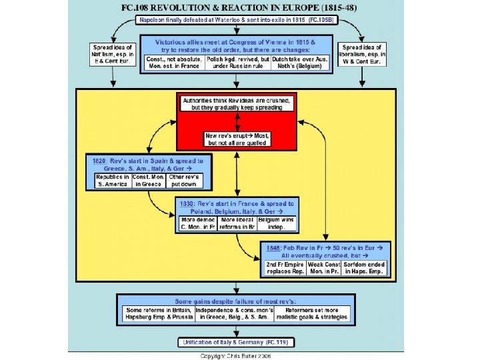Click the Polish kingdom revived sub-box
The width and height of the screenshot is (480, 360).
(x=237, y=63)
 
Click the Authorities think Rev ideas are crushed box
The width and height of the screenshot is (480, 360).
(x=238, y=103)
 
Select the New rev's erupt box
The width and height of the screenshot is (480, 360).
(x=237, y=139)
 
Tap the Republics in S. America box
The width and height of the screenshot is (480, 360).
(x=112, y=181)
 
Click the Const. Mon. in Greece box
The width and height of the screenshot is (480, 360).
(x=149, y=181)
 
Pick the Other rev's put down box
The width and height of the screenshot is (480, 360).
(x=185, y=181)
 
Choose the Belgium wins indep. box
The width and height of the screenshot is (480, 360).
(x=276, y=223)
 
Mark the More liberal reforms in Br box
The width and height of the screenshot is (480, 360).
(x=237, y=223)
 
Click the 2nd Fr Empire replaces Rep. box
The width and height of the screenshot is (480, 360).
(x=285, y=267)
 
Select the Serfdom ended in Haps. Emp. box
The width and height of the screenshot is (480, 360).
(x=365, y=267)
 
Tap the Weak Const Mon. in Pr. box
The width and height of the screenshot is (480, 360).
(x=324, y=267)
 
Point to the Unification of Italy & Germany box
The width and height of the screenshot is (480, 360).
(x=237, y=343)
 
